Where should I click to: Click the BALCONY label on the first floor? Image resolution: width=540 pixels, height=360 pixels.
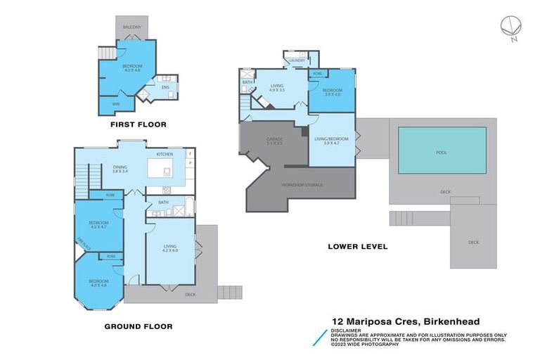point(131,27)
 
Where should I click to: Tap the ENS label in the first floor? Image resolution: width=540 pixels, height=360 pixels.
point(165,87)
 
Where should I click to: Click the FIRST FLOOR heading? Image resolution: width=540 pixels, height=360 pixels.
point(138,124)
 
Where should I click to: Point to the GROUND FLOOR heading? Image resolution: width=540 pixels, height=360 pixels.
point(138,326)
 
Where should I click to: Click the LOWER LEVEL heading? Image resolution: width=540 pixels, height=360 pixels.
point(357,247)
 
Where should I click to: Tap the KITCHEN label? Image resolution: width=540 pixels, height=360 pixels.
point(165,154)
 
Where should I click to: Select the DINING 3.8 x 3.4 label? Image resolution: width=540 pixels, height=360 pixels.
point(120,169)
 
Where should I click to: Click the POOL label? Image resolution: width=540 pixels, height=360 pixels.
point(442,151)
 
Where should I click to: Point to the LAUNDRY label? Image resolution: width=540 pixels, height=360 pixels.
point(295,60)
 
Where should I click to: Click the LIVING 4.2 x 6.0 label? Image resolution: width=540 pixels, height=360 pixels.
point(171,249)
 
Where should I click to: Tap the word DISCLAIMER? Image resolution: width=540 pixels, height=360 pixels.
point(348,330)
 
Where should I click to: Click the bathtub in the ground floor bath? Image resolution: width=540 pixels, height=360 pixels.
point(188,210)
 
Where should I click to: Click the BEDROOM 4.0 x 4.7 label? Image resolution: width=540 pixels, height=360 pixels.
point(98,225)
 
